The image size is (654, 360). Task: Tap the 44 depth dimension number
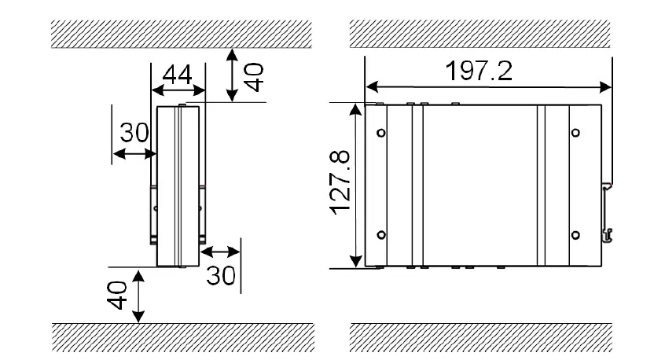(178, 76)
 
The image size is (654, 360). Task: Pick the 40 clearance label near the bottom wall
(116, 297)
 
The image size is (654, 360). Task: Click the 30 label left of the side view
(134, 133)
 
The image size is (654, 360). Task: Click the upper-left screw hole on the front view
(381, 132)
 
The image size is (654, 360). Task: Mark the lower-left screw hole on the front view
(381, 234)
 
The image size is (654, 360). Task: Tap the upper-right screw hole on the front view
(575, 132)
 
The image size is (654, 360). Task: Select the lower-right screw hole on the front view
(575, 234)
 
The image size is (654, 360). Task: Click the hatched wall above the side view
(182, 34)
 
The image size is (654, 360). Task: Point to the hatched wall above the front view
(481, 34)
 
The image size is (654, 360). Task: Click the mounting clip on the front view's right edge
(608, 212)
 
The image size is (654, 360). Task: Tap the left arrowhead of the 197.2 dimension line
(369, 85)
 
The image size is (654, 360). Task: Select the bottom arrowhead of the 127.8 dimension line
(356, 262)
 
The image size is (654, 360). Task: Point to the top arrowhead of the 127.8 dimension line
(356, 108)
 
